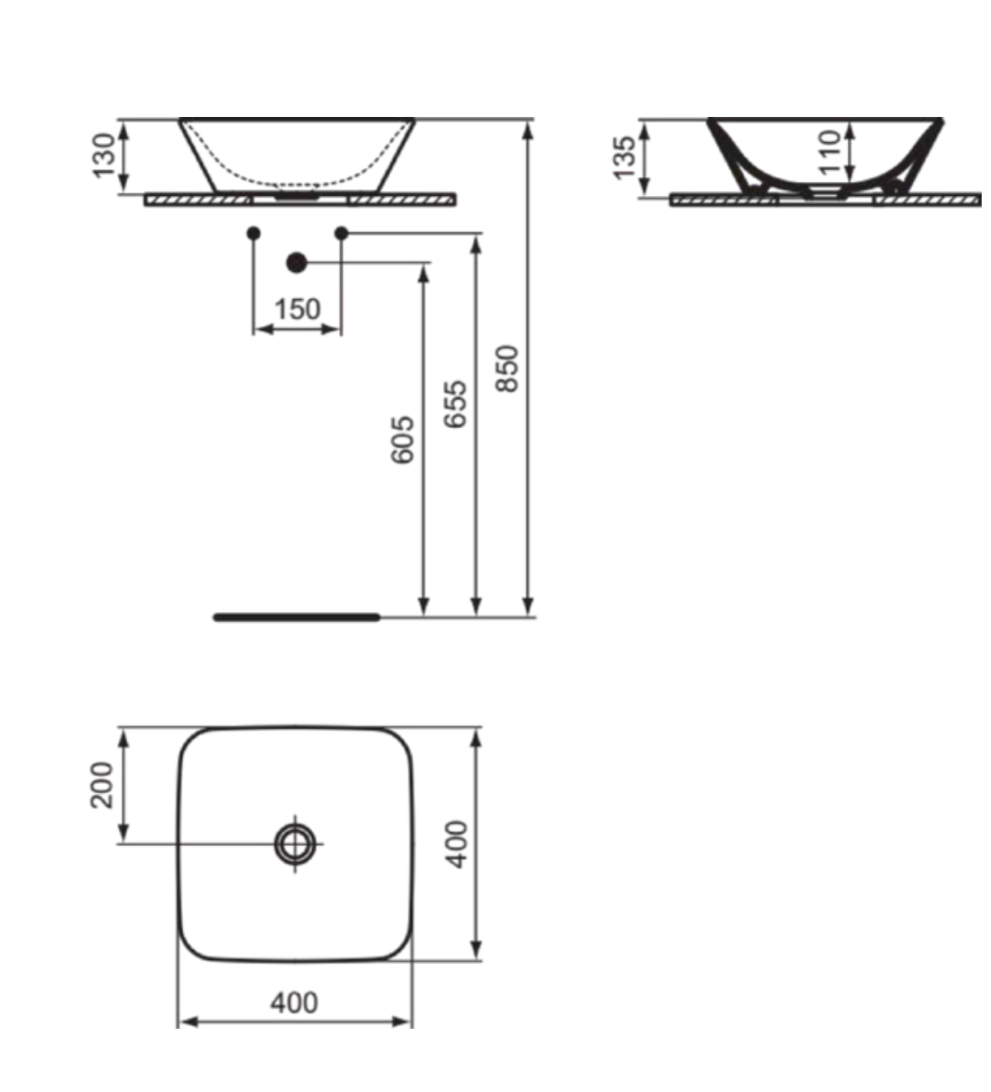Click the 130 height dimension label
(104, 155)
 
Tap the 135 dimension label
(624, 158)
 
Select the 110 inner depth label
(829, 152)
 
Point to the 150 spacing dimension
(297, 308)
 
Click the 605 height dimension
(402, 439)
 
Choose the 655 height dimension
(455, 404)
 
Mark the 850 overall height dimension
(508, 369)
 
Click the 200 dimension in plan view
(102, 785)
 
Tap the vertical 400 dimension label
(457, 844)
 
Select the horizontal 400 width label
(294, 1003)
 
